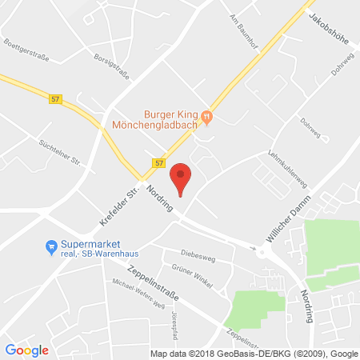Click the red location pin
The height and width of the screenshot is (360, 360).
click(x=182, y=177)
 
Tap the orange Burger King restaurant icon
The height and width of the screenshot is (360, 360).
click(x=207, y=118)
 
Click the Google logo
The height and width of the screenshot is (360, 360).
click(x=27, y=350)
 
